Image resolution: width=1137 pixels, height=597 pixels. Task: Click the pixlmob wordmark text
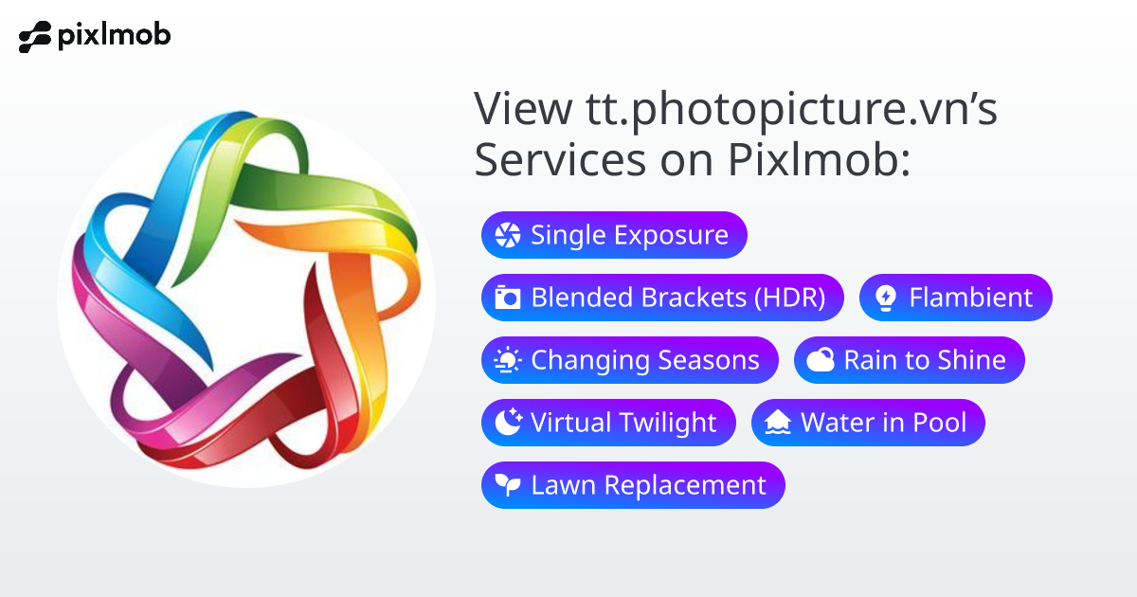tap(114, 37)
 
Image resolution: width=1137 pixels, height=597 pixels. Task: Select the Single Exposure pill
tap(614, 235)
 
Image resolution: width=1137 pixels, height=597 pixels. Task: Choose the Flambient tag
tap(955, 298)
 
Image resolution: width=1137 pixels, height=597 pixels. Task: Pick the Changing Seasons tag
tap(629, 360)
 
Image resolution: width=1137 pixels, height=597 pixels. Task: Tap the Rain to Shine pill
tap(909, 360)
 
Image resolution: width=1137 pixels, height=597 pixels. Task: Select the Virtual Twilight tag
tap(608, 423)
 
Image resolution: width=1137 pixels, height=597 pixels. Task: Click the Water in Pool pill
tap(868, 423)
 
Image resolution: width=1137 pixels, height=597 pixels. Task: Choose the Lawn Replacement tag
tap(633, 485)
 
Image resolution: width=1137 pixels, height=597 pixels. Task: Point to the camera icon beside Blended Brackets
tap(508, 298)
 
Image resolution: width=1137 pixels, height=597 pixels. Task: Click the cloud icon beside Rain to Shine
tap(821, 361)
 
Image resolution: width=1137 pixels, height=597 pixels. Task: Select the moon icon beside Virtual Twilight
tap(508, 423)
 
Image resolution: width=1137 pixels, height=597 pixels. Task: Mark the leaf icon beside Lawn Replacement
tap(508, 486)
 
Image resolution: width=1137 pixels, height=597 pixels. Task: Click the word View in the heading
tap(519, 110)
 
